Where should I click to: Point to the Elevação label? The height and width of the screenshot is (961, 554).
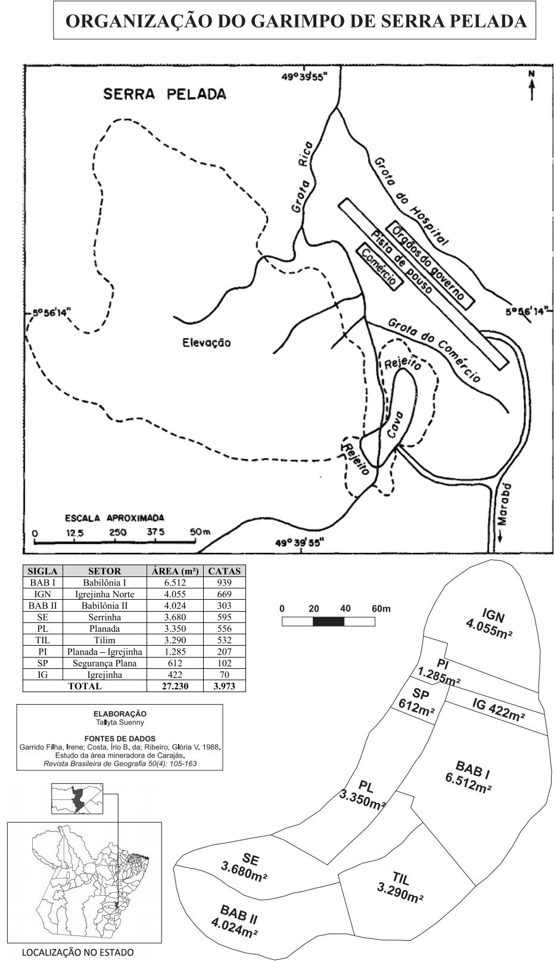207,342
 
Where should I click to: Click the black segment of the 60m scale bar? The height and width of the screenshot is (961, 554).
329,621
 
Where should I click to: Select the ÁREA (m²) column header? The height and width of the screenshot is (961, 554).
175,571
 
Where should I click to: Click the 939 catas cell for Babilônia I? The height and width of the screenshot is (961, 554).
225,582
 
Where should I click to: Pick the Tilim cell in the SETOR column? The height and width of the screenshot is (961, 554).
104,640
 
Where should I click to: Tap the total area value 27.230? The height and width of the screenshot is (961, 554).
175,686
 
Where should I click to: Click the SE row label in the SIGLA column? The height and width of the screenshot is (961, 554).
42,617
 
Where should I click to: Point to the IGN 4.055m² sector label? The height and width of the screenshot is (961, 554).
490,624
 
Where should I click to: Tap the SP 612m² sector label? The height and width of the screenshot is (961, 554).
418,702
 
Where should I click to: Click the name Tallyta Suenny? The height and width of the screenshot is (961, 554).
120,723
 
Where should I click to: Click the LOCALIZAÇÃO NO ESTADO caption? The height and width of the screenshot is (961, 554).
78,953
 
